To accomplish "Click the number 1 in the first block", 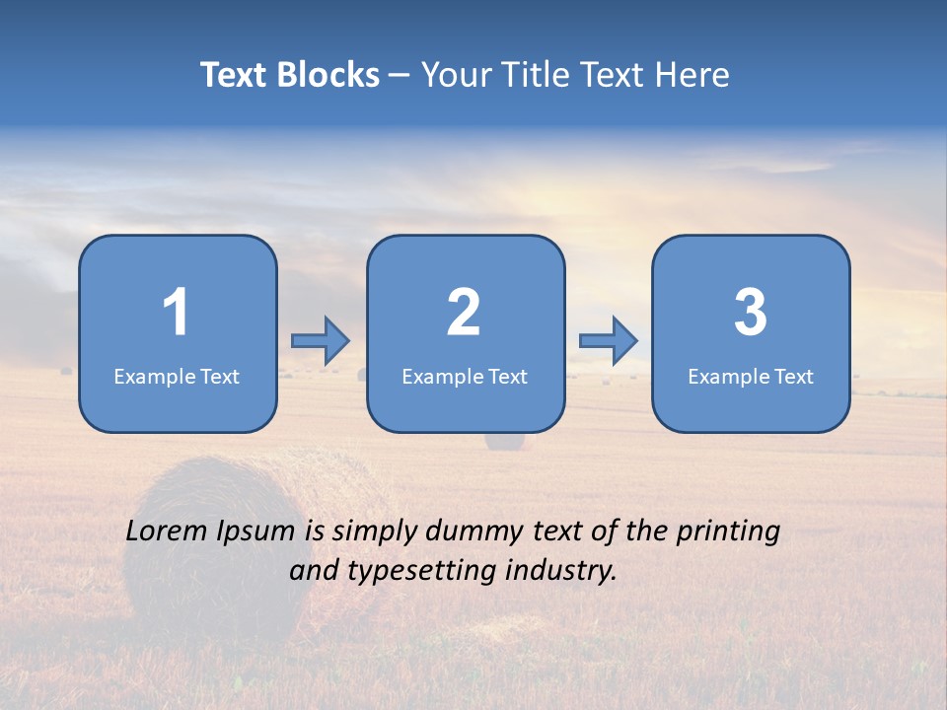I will click(176, 313).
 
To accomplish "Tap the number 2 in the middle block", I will click(464, 313).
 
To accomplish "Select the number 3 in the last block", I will click(751, 313).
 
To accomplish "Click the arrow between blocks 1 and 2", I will click(321, 340).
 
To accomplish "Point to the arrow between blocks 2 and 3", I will click(609, 340).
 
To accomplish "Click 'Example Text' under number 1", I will click(177, 377).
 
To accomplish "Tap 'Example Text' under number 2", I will click(465, 377).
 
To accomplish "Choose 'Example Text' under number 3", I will click(751, 377).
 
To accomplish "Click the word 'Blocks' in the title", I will click(328, 75).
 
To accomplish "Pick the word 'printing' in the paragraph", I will click(727, 532).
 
